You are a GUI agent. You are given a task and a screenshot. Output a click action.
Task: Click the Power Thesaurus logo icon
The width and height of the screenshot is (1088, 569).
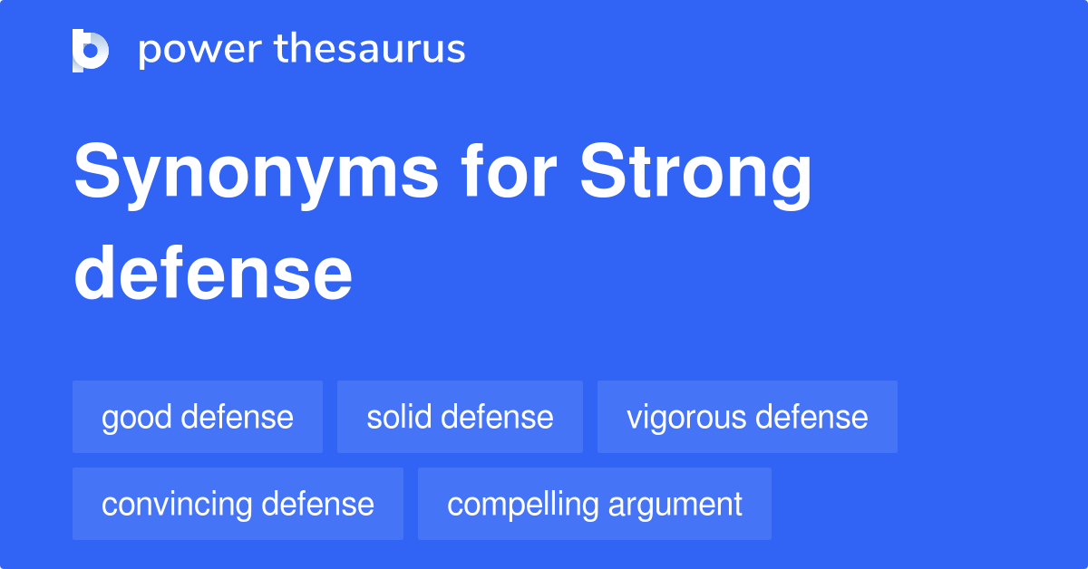pos(91,50)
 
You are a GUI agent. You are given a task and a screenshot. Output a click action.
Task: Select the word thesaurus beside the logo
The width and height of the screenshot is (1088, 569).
pos(370,50)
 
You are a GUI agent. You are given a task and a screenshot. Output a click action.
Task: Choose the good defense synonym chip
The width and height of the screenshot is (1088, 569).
pos(198,417)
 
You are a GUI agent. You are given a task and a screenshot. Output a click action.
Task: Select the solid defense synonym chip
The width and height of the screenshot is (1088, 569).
pos(460,417)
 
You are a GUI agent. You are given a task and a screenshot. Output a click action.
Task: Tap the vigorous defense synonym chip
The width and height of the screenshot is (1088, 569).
pos(747,417)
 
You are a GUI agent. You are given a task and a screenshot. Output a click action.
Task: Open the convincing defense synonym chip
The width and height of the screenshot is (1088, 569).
pos(238,504)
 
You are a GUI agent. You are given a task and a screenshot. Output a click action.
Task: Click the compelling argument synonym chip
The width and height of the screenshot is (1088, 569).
pos(595,504)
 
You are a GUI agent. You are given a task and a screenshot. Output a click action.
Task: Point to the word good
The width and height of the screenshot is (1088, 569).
pos(137,418)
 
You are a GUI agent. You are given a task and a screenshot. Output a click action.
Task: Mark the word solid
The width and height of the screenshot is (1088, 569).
pos(394,417)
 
